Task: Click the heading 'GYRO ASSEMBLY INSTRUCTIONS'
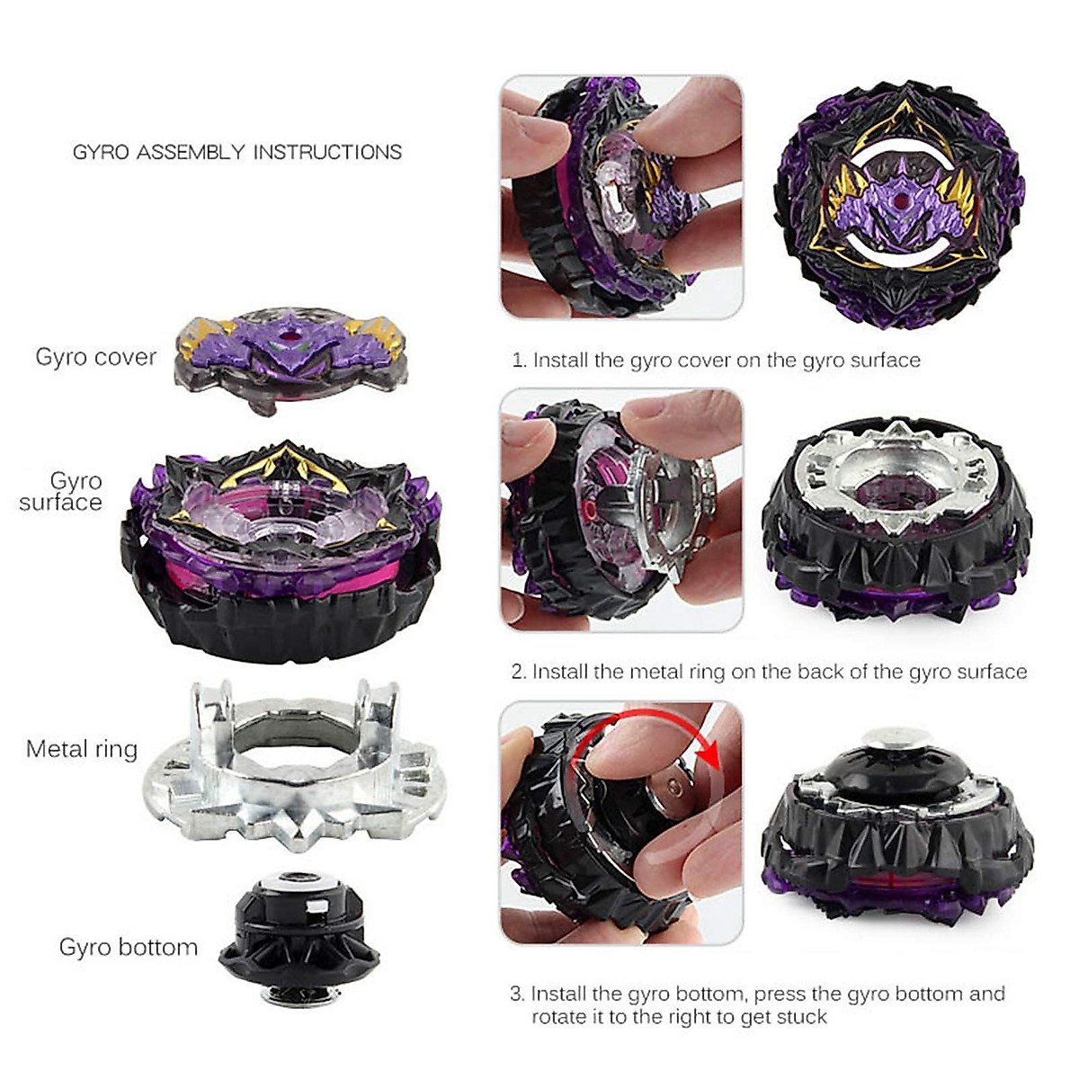(x=237, y=152)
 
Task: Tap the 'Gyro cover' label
(x=95, y=357)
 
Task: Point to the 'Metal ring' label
(x=82, y=748)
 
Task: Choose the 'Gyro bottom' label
(x=128, y=947)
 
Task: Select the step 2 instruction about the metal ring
(x=769, y=672)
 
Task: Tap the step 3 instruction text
(x=758, y=1005)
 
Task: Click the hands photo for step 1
(x=621, y=197)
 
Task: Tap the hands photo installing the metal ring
(x=621, y=510)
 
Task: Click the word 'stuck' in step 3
(x=802, y=1017)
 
